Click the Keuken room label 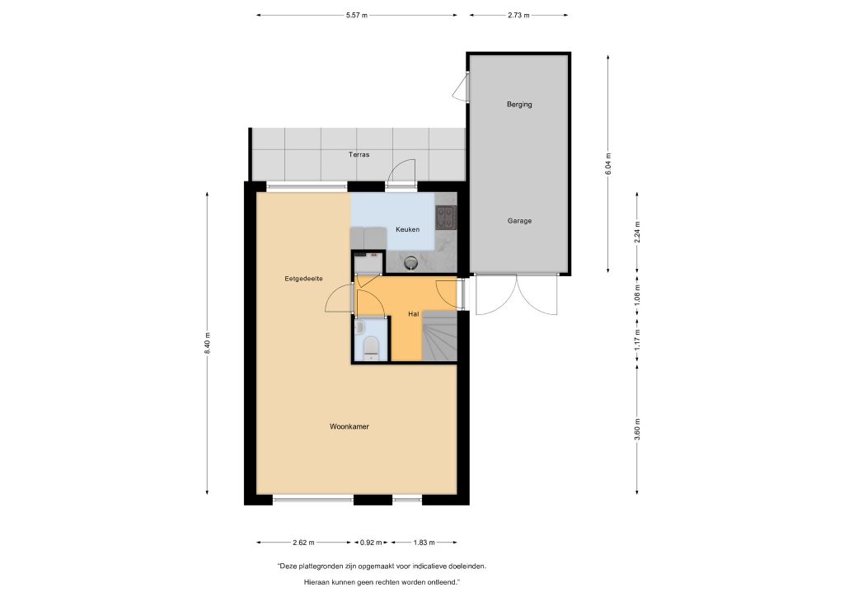pos(407,229)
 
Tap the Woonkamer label pos(349,426)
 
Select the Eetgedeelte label pos(303,279)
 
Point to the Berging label pos(519,105)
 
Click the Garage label pos(519,221)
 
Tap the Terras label pos(359,154)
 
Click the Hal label pos(414,314)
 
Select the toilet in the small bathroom pos(371,348)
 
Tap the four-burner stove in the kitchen pos(446,218)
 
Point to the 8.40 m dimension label pos(207,343)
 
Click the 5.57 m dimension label pos(357,15)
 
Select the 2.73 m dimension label pos(518,15)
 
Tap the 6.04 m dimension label pos(608,164)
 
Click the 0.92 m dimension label pos(371,542)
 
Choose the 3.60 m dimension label pos(637,429)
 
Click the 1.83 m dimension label pos(424,542)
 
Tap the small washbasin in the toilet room pos(360,327)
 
